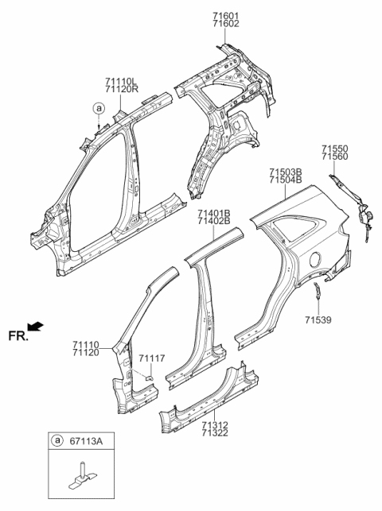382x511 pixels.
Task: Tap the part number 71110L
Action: (x=120, y=80)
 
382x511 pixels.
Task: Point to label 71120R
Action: (x=120, y=90)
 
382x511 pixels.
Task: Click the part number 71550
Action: (x=335, y=148)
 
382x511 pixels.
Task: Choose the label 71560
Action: (x=335, y=157)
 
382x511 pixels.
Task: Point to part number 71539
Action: (x=318, y=320)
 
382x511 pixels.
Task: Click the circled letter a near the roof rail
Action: (x=97, y=107)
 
